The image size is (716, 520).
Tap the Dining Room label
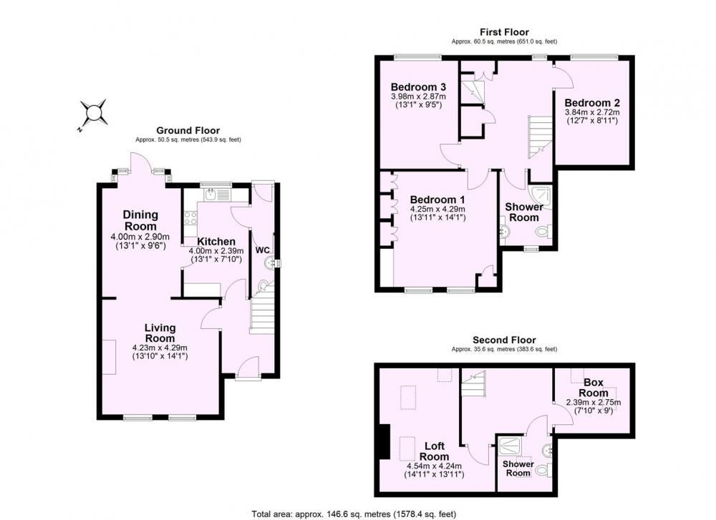tap(140, 220)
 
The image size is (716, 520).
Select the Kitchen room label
tap(216, 241)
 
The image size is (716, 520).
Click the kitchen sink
tap(211, 195)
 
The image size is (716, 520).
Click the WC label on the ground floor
tap(262, 250)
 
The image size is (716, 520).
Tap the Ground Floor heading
tap(188, 131)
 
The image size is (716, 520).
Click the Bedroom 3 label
tap(418, 87)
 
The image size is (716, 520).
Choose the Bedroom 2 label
tap(592, 102)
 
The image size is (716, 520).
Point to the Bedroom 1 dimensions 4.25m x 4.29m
tap(437, 209)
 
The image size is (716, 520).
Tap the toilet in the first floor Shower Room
tap(544, 232)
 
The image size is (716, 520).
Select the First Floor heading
tap(504, 32)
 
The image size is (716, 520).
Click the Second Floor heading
tap(504, 340)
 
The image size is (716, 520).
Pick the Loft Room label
tap(434, 451)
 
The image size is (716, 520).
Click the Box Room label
tap(594, 387)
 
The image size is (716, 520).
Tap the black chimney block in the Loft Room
tap(384, 441)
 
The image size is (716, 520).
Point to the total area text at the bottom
tap(354, 514)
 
